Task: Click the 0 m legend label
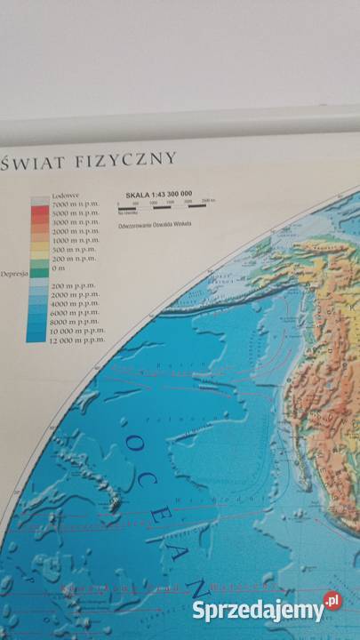[60, 268]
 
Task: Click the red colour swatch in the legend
[40, 214]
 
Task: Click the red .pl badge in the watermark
[331, 603]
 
